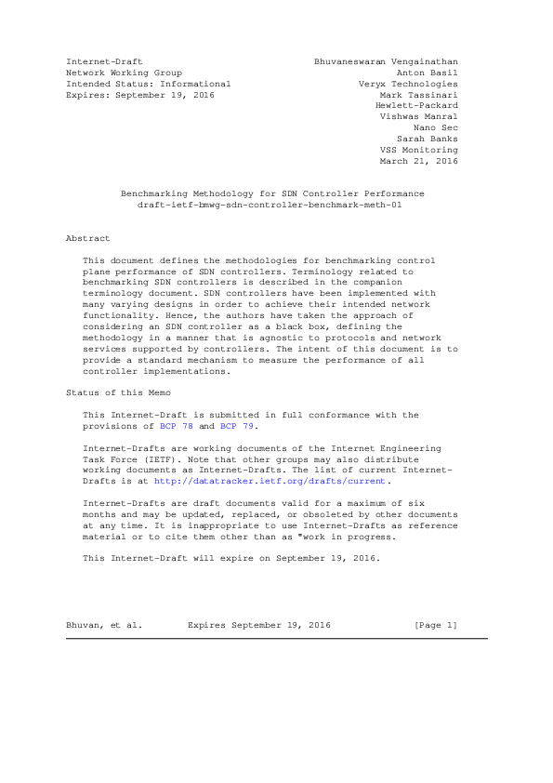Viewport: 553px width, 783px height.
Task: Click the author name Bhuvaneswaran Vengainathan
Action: click(x=386, y=61)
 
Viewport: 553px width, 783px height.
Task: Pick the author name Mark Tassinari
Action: click(x=418, y=95)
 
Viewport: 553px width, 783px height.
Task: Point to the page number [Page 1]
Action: click(x=435, y=626)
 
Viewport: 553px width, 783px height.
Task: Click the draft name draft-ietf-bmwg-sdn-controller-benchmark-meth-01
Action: click(x=270, y=205)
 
